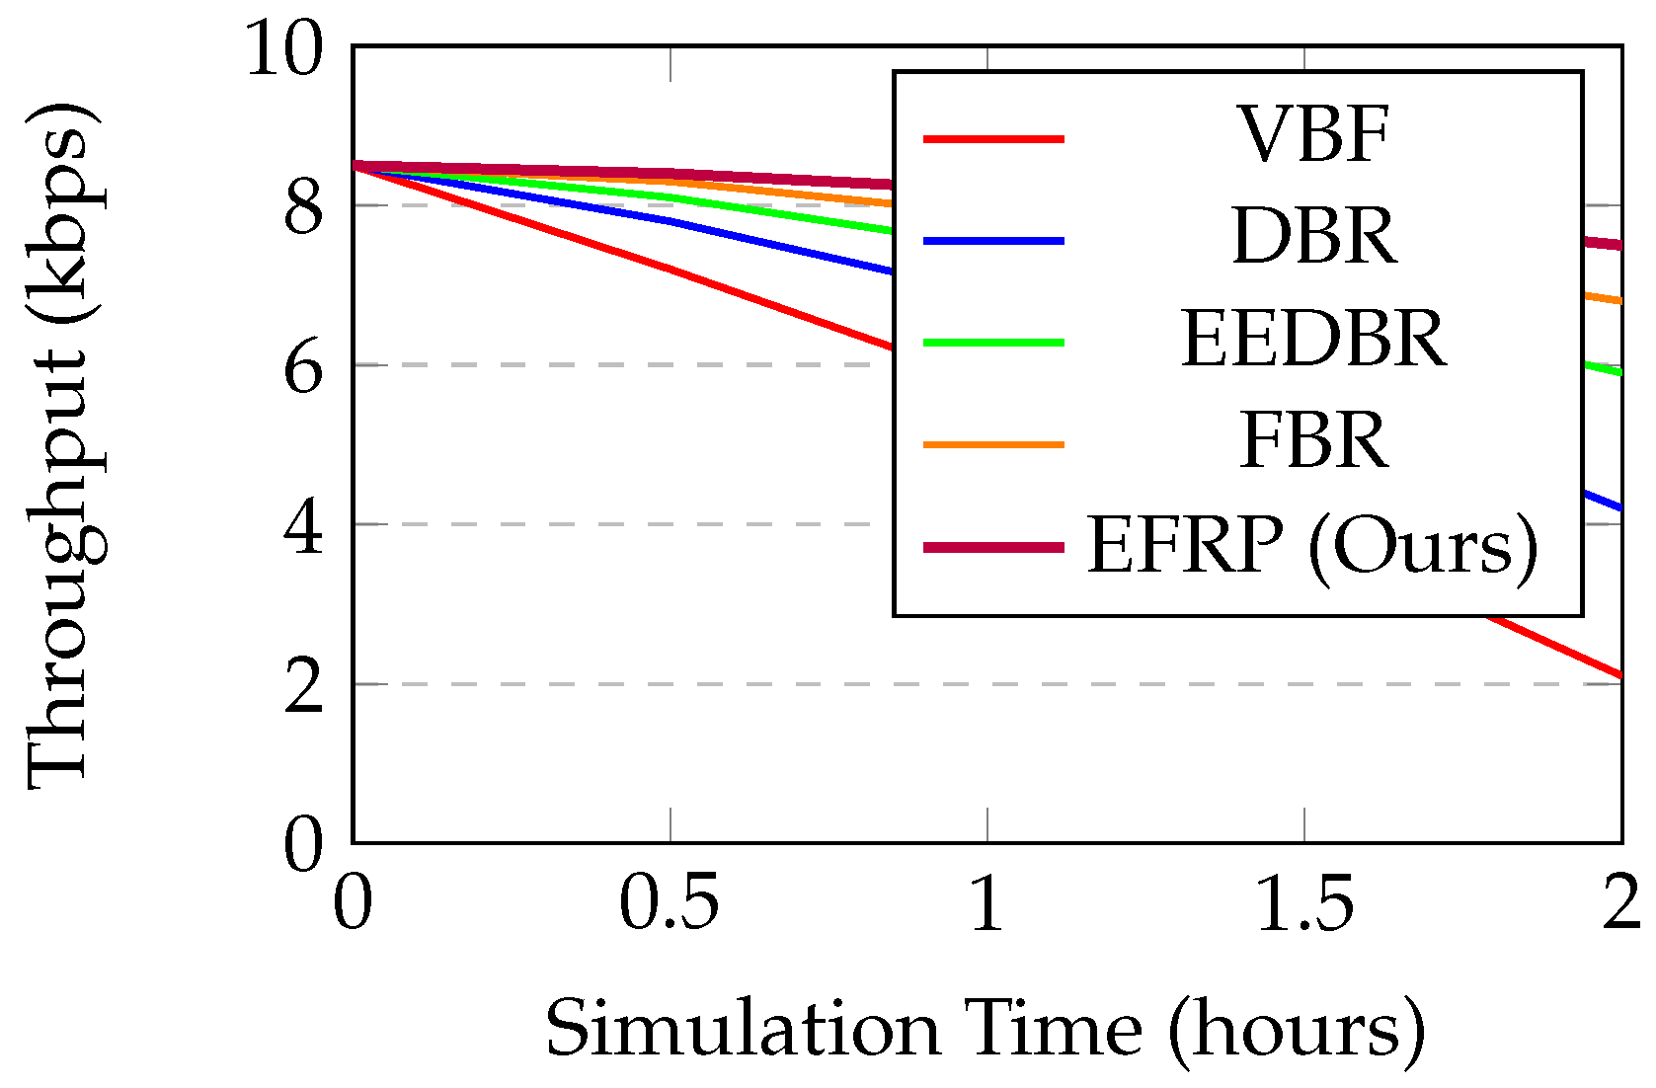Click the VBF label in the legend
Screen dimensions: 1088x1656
pyautogui.click(x=1313, y=135)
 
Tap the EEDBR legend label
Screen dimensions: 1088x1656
pyautogui.click(x=1313, y=340)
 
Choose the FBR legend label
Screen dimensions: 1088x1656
pyautogui.click(x=1313, y=441)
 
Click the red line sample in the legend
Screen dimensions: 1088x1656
pyautogui.click(x=993, y=139)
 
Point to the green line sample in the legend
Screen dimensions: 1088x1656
pyautogui.click(x=993, y=343)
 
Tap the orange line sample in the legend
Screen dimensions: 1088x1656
pyautogui.click(x=993, y=445)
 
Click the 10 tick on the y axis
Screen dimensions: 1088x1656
pyautogui.click(x=283, y=49)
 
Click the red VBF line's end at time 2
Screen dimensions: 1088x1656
pyautogui.click(x=1619, y=675)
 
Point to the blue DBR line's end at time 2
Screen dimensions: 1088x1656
pyautogui.click(x=1619, y=507)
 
